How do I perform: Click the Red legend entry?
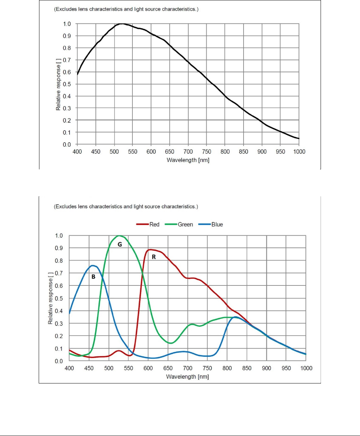[x=154, y=224]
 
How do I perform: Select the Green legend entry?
[x=185, y=224]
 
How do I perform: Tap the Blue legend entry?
[x=217, y=224]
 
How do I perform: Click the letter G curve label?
[x=120, y=245]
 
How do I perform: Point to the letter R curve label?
[x=154, y=257]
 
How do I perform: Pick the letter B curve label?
[x=93, y=277]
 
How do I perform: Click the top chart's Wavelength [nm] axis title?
[x=188, y=160]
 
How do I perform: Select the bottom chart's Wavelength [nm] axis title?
[x=187, y=376]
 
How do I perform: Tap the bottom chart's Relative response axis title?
[x=50, y=299]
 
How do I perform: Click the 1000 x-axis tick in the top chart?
[x=299, y=152]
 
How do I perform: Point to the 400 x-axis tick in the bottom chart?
[x=69, y=368]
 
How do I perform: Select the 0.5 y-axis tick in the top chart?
[x=67, y=84]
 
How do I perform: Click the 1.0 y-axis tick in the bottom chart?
[x=59, y=236]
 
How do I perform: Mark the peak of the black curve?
[x=122, y=24]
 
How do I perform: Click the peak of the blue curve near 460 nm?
[x=93, y=266]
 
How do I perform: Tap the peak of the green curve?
[x=119, y=236]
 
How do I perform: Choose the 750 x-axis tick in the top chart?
[x=207, y=152]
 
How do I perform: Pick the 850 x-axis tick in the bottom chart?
[x=247, y=368]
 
